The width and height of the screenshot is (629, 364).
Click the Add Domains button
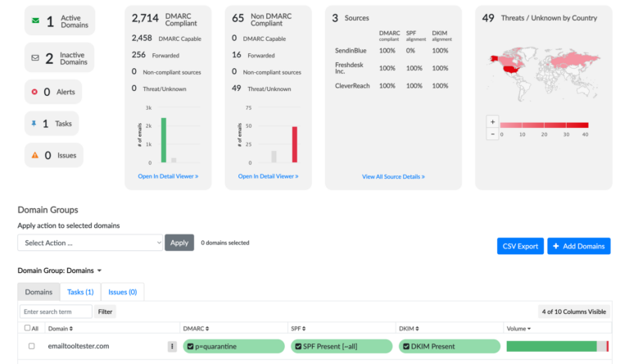point(578,246)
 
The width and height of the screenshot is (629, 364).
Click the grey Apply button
point(179,243)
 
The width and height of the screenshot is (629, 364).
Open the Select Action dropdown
point(91,243)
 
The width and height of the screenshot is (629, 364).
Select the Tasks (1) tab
point(80,292)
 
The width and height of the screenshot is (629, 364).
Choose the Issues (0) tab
point(122,292)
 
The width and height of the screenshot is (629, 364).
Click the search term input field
point(56,312)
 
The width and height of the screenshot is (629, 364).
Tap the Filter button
point(106,312)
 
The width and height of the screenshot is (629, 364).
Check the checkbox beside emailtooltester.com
point(32,346)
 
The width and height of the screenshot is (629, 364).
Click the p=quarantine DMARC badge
point(233,346)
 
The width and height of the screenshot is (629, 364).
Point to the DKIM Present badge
point(449,346)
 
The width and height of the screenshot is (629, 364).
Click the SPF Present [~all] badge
point(341,346)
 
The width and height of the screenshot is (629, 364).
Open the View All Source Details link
point(393,176)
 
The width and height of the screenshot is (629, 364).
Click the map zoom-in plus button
point(492,121)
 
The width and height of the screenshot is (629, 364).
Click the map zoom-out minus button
point(492,134)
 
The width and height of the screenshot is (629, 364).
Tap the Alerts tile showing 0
point(53,92)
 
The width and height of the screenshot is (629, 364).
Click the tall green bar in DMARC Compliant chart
point(164,140)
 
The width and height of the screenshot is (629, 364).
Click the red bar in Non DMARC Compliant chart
point(294,144)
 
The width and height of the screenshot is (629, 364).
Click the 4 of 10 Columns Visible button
point(574,312)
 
